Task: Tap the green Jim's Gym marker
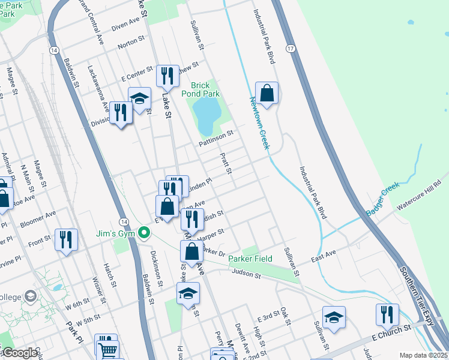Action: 143,233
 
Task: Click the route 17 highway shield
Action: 291,48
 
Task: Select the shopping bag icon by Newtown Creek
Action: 267,94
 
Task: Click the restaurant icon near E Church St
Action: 387,314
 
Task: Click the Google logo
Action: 19,353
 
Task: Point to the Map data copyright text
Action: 424,355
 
